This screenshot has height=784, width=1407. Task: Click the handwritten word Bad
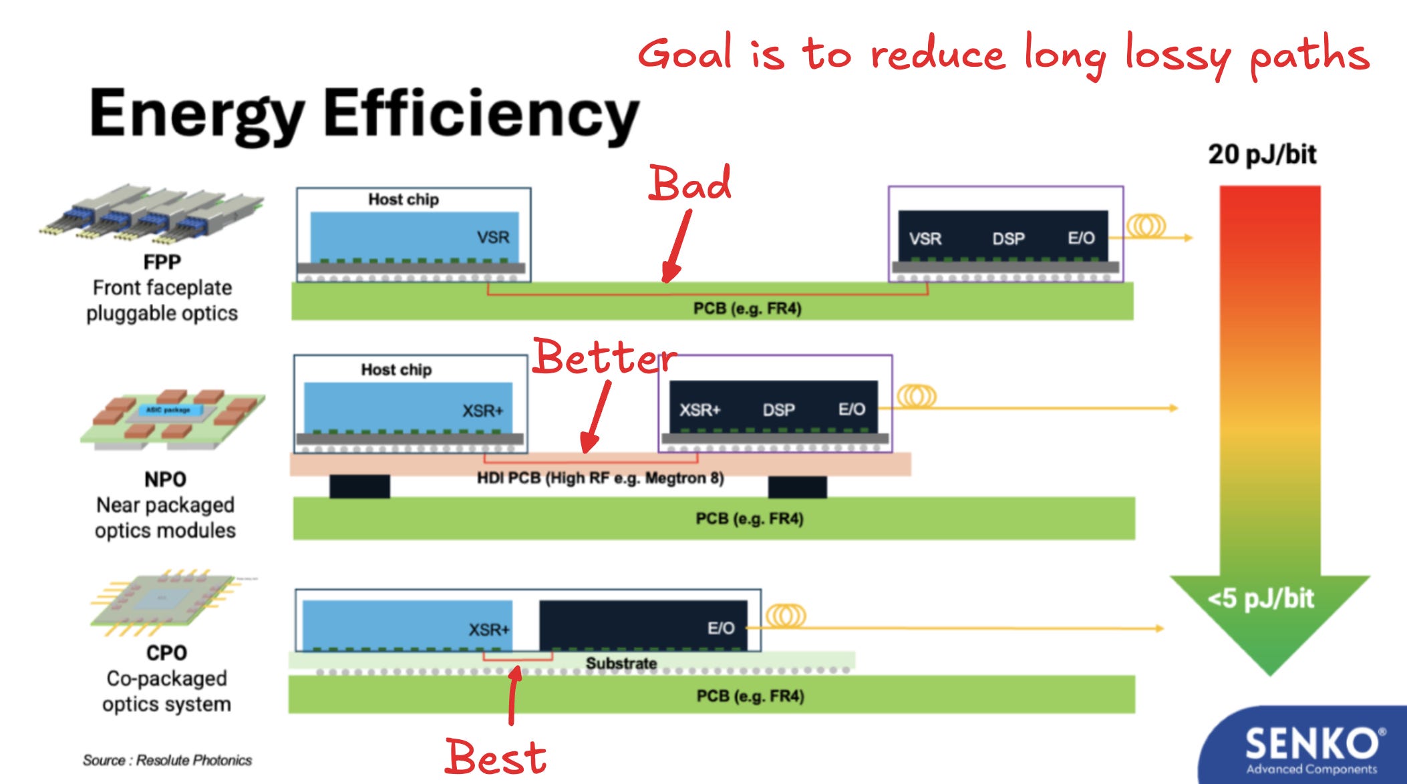point(690,183)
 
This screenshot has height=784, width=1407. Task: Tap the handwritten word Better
point(605,357)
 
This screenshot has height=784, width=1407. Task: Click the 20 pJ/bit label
point(1261,154)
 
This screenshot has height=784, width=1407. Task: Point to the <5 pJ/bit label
point(1261,598)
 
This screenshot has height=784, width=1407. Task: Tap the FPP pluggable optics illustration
point(153,214)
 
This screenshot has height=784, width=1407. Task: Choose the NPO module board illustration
point(172,417)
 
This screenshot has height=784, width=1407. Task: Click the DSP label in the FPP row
point(1008,238)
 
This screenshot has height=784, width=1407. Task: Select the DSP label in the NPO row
point(779,409)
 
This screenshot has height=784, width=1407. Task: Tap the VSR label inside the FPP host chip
point(492,237)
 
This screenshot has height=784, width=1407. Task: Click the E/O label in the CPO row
point(721,628)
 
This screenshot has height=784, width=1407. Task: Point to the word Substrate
point(621,663)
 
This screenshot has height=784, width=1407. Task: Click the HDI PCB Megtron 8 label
point(600,478)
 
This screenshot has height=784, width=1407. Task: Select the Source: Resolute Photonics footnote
point(167,760)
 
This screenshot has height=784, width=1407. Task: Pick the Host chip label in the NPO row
point(396,369)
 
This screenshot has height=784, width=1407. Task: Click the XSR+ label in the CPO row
point(488,629)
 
